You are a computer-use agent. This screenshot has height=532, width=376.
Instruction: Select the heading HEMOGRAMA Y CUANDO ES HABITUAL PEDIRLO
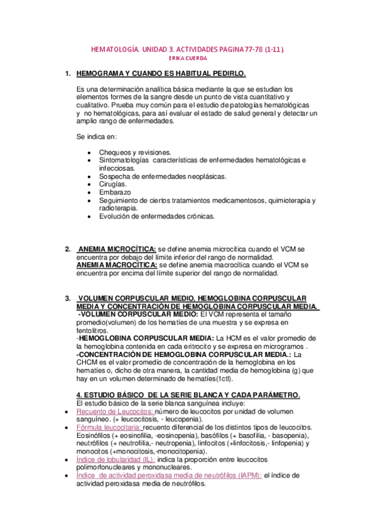pyautogui.click(x=161, y=73)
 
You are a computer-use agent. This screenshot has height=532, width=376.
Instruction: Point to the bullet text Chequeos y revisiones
pyautogui.click(x=135, y=152)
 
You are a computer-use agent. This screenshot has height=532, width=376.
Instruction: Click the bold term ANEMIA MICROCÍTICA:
pyautogui.click(x=117, y=249)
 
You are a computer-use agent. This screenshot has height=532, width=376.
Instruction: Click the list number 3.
pyautogui.click(x=68, y=298)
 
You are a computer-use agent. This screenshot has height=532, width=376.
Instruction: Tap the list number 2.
pyautogui.click(x=68, y=249)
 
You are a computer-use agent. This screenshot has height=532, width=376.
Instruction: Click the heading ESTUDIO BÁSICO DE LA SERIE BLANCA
pyautogui.click(x=188, y=395)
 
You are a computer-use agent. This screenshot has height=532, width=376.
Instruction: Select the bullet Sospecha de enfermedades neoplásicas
pyautogui.click(x=163, y=176)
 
